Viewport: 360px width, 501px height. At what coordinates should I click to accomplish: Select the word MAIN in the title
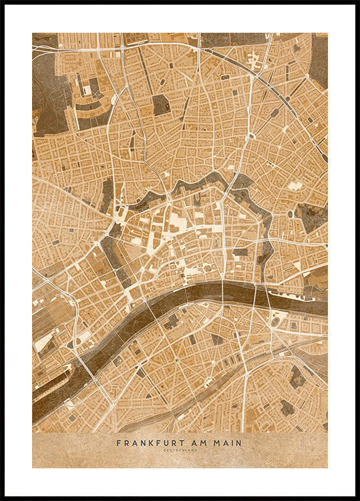click(x=226, y=443)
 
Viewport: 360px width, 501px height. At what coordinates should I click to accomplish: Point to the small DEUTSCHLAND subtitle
click(x=180, y=450)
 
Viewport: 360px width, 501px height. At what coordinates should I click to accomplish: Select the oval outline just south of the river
click(x=276, y=322)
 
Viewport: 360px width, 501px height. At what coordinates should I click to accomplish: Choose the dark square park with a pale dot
click(x=160, y=105)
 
